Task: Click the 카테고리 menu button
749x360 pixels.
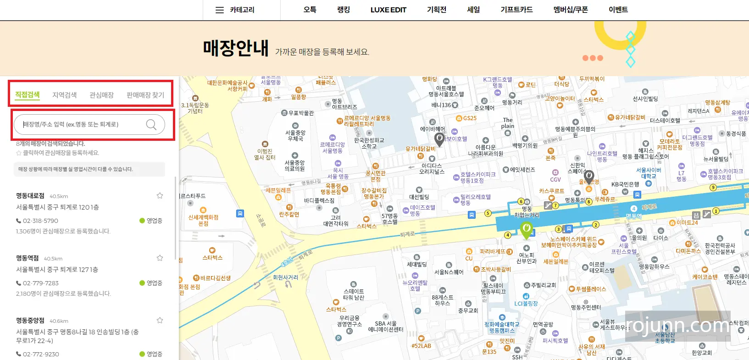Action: (x=235, y=10)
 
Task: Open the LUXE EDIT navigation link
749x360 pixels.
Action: (x=388, y=10)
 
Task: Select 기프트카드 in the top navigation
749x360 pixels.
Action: (x=516, y=10)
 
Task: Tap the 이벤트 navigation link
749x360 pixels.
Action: (x=618, y=10)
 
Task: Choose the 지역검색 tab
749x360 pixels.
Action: (x=64, y=95)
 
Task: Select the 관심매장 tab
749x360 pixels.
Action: (x=101, y=95)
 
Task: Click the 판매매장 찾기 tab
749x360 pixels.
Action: (x=145, y=95)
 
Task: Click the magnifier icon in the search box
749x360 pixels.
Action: (x=151, y=124)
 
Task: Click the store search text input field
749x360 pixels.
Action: (x=83, y=124)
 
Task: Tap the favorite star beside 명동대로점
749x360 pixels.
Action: (x=160, y=195)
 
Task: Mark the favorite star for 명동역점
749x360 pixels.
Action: (x=160, y=258)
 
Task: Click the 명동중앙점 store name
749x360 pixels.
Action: (x=30, y=321)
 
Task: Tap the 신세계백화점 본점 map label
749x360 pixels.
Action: (x=203, y=220)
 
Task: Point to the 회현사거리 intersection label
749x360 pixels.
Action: (x=285, y=277)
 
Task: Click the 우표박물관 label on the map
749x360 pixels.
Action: (x=300, y=113)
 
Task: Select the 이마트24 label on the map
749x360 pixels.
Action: (x=687, y=223)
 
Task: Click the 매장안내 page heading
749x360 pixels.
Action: (x=235, y=48)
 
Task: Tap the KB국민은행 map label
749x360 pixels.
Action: (x=625, y=184)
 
